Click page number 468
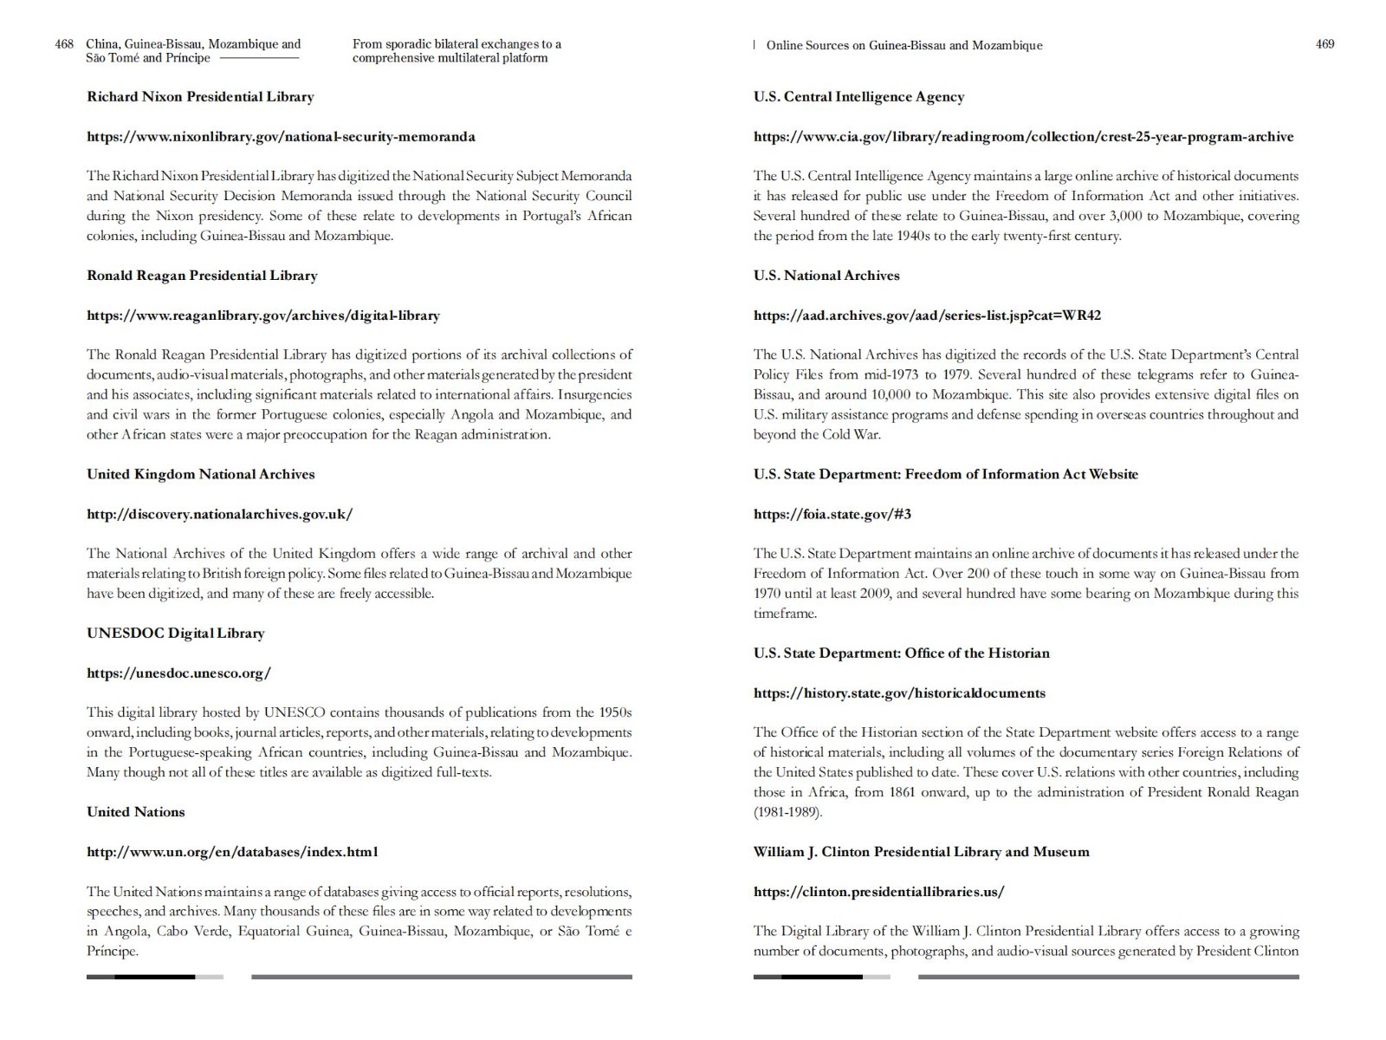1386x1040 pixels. click(x=64, y=44)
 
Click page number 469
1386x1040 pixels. click(x=1324, y=44)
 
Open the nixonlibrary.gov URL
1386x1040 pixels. click(x=281, y=137)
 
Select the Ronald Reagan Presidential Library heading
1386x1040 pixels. click(x=202, y=276)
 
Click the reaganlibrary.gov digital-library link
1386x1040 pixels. click(x=263, y=315)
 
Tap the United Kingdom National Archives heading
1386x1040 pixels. click(x=200, y=474)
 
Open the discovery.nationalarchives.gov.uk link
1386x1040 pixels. click(x=219, y=514)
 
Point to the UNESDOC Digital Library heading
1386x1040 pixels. click(x=175, y=634)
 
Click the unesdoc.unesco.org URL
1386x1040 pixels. click(x=178, y=673)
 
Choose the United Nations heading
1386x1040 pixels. click(x=135, y=812)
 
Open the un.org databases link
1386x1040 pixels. click(x=232, y=852)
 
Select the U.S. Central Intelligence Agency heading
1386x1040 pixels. click(x=858, y=97)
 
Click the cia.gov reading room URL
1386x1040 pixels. click(x=1023, y=137)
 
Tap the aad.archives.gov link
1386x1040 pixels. click(x=927, y=315)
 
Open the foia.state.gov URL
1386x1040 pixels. click(x=832, y=514)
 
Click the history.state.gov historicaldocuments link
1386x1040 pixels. click(x=899, y=693)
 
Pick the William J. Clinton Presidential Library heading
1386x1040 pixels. click(x=921, y=852)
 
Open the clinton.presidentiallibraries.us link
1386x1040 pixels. click(x=878, y=892)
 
